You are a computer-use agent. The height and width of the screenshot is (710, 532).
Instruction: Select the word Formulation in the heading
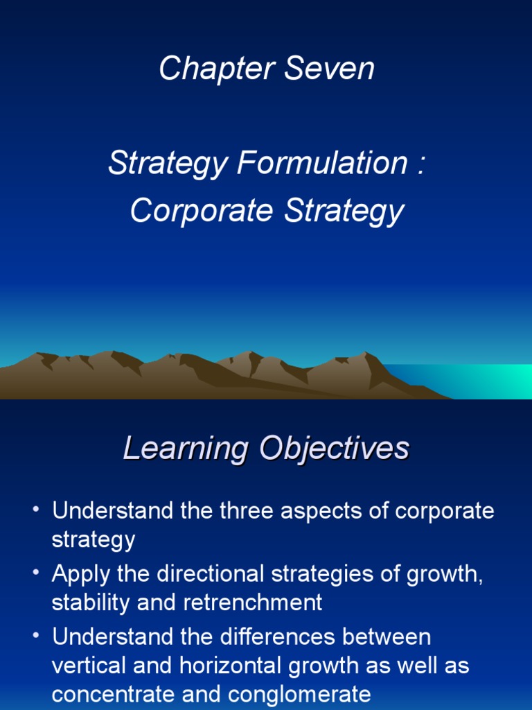tap(321, 164)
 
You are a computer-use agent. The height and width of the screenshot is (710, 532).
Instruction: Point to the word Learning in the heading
tap(185, 449)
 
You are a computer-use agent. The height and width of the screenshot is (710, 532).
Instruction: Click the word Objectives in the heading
tap(335, 449)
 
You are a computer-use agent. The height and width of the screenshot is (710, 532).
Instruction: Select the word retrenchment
tap(253, 603)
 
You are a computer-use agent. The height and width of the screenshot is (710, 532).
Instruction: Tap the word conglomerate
tap(299, 694)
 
